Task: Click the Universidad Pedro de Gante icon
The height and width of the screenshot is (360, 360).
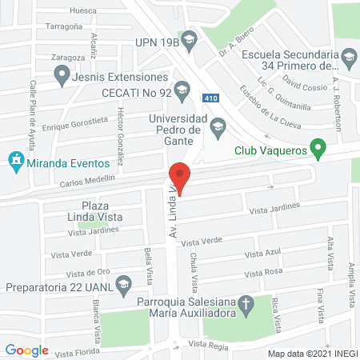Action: pyautogui.click(x=218, y=126)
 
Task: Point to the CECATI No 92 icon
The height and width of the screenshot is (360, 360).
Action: pyautogui.click(x=181, y=88)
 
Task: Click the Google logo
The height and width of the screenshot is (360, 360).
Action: pyautogui.click(x=26, y=350)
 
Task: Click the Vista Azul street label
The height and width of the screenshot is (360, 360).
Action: pyautogui.click(x=263, y=254)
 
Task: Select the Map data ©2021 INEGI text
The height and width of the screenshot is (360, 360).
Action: pyautogui.click(x=312, y=353)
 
